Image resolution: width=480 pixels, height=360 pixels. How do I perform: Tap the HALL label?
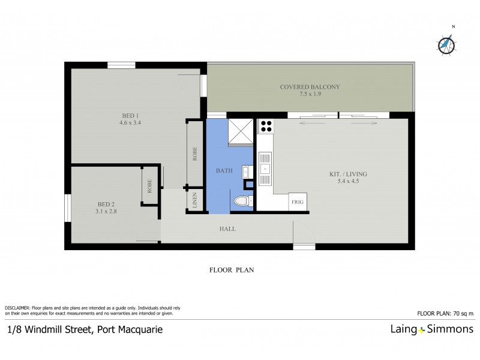click(x=227, y=229)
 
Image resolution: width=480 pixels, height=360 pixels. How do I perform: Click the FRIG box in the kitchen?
click(x=298, y=202)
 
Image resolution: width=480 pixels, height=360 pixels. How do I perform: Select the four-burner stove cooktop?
click(x=266, y=127)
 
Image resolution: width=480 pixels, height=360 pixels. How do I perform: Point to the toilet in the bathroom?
click(x=242, y=201)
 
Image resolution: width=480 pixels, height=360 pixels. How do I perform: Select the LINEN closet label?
click(x=196, y=200)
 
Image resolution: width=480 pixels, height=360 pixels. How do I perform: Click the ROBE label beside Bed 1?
click(x=195, y=154)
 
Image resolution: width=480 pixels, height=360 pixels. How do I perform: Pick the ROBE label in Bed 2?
click(x=150, y=186)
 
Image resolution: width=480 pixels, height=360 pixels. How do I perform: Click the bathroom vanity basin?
click(x=246, y=172)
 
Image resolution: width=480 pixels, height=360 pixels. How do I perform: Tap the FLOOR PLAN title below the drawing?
click(x=232, y=270)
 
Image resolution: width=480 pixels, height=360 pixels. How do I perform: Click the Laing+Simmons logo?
click(x=430, y=329)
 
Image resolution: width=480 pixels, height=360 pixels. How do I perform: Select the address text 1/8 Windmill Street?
click(x=85, y=329)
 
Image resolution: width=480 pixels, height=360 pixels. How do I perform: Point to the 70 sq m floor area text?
click(x=445, y=313)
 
